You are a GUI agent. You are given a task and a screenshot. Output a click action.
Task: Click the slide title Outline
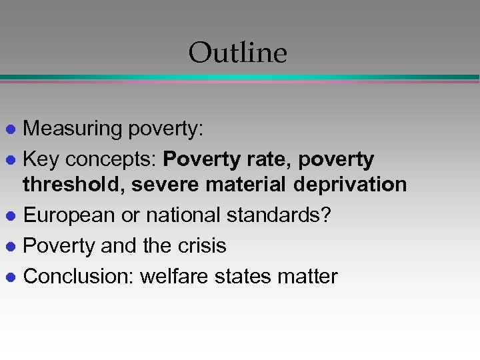[x=237, y=53]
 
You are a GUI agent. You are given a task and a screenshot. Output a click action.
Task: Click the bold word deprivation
[x=353, y=184]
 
